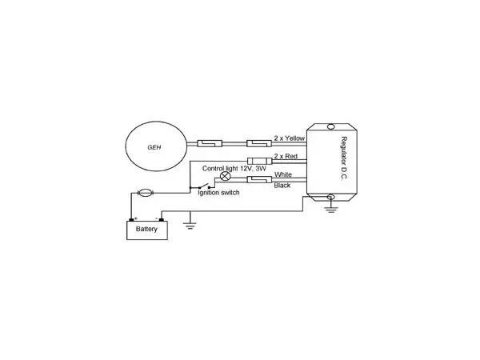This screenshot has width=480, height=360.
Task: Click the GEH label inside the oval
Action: pyautogui.click(x=154, y=147)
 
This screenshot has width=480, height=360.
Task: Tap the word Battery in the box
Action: pyautogui.click(x=146, y=229)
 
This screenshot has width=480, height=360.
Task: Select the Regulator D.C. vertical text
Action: pyautogui.click(x=344, y=158)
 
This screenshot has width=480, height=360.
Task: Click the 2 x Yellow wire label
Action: pyautogui.click(x=290, y=138)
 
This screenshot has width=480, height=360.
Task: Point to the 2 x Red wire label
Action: pyautogui.click(x=286, y=156)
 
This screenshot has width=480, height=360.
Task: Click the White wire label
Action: pyautogui.click(x=283, y=174)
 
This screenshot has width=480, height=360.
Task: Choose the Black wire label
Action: pyautogui.click(x=282, y=186)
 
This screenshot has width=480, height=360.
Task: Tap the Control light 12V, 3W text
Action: pyautogui.click(x=234, y=168)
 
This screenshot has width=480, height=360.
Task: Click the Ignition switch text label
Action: pyautogui.click(x=218, y=193)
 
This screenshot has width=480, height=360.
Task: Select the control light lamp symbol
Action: pyautogui.click(x=226, y=176)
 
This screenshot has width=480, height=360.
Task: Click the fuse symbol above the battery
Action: pyautogui.click(x=145, y=193)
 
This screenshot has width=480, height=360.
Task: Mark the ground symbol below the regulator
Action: pyautogui.click(x=331, y=210)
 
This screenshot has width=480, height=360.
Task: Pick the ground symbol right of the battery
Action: pyautogui.click(x=190, y=226)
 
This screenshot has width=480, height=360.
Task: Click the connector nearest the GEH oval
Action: pyautogui.click(x=210, y=143)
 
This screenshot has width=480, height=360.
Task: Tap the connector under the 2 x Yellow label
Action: pyautogui.click(x=259, y=143)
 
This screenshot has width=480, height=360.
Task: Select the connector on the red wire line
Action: pyautogui.click(x=259, y=161)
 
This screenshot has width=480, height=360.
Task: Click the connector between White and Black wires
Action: pyautogui.click(x=259, y=180)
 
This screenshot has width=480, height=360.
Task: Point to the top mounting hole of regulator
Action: pyautogui.click(x=331, y=126)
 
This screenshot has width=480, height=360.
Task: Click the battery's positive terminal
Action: pyautogui.click(x=132, y=219)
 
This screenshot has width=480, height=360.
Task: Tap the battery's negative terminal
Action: pyautogui.click(x=162, y=219)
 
